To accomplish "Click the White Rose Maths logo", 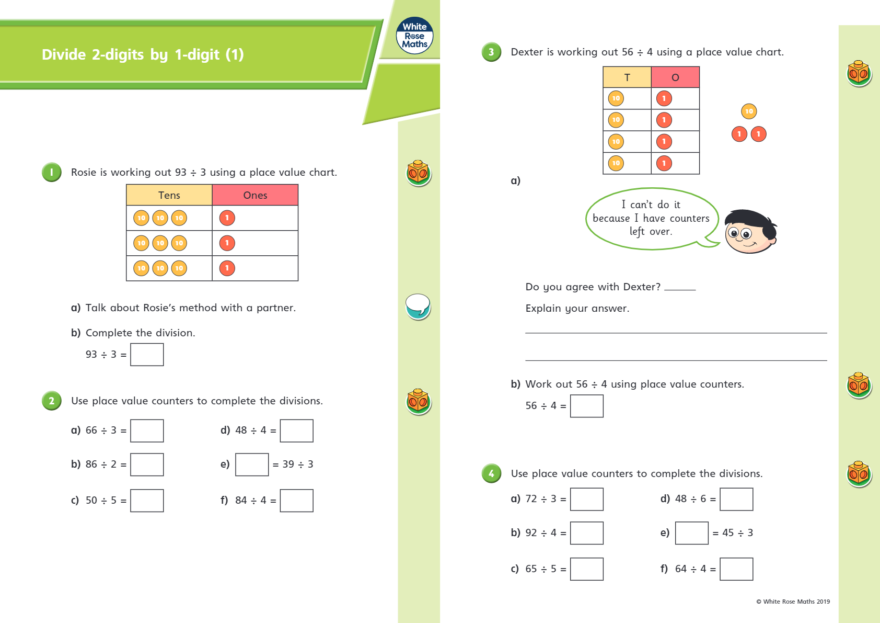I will click(x=414, y=36).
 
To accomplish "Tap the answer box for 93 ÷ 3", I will click(x=147, y=355).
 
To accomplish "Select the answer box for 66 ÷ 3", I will click(x=147, y=431).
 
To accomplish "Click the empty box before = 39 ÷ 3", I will click(x=252, y=465).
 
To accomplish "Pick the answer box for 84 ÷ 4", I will click(x=296, y=501).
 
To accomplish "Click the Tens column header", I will click(x=169, y=195).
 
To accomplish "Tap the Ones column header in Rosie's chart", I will click(x=255, y=195).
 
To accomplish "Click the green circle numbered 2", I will click(x=52, y=401).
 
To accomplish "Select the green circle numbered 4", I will click(x=491, y=473).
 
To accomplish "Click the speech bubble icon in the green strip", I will click(x=418, y=305).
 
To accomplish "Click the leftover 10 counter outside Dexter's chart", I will click(x=749, y=111).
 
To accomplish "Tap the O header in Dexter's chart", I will click(x=675, y=77).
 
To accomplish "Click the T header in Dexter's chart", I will click(x=627, y=77).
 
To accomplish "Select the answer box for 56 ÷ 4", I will click(x=587, y=406).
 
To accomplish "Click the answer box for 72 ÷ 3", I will click(x=587, y=499).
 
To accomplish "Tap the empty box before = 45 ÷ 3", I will click(x=691, y=533).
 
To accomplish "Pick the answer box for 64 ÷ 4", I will click(x=736, y=569).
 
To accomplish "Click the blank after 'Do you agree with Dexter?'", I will click(x=680, y=287).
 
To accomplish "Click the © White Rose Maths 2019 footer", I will click(x=793, y=602).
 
